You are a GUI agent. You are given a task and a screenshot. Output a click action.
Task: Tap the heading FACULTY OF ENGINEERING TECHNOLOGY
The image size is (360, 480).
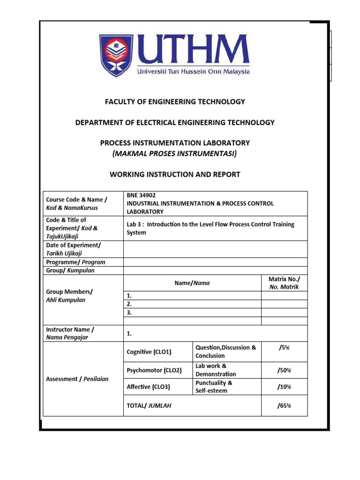pos(174,102)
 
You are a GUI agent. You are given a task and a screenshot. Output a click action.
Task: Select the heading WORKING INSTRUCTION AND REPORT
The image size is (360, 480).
pos(174,174)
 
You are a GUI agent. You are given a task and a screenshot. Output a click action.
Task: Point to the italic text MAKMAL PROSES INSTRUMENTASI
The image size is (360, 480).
pos(174,154)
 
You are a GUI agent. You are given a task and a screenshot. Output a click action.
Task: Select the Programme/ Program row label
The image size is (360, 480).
pos(75,262)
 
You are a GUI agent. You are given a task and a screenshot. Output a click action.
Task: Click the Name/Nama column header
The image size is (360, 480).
pos(192,283)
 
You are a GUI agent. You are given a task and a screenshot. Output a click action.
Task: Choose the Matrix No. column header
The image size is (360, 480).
pos(284,283)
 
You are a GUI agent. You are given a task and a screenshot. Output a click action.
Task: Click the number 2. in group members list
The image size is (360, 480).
pos(130,304)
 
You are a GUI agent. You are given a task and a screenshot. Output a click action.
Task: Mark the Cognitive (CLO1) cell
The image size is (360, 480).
pos(149,352)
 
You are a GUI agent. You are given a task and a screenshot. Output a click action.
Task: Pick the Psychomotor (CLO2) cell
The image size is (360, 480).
pos(154,370)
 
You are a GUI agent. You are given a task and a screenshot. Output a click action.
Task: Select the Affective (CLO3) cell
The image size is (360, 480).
pos(149,387)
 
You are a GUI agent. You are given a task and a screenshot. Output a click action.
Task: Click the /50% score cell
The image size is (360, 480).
pos(284,370)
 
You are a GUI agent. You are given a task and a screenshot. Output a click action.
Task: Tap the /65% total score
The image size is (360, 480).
pos(284,405)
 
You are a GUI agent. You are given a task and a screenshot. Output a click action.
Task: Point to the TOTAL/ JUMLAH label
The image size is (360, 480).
pos(149,405)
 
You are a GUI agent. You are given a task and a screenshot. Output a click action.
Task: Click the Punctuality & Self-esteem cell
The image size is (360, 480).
pos(214,387)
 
